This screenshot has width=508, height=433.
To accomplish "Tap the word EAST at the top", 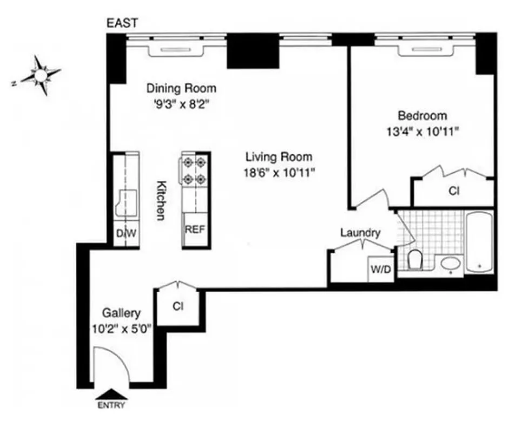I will (122, 23).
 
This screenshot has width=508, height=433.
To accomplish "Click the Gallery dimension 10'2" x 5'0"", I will (122, 327).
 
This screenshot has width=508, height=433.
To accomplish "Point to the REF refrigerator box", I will (195, 229).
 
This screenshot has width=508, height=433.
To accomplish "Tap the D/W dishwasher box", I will (126, 234).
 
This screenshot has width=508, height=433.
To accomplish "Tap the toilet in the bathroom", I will (415, 260).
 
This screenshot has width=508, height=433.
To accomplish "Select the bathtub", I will (479, 242).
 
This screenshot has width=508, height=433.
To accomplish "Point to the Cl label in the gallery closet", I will (178, 306).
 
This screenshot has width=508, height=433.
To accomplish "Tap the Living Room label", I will (279, 157).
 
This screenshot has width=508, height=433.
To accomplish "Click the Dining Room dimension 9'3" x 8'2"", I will (181, 103).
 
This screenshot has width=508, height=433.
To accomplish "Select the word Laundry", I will (360, 233).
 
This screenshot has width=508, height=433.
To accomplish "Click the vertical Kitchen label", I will (161, 200).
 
